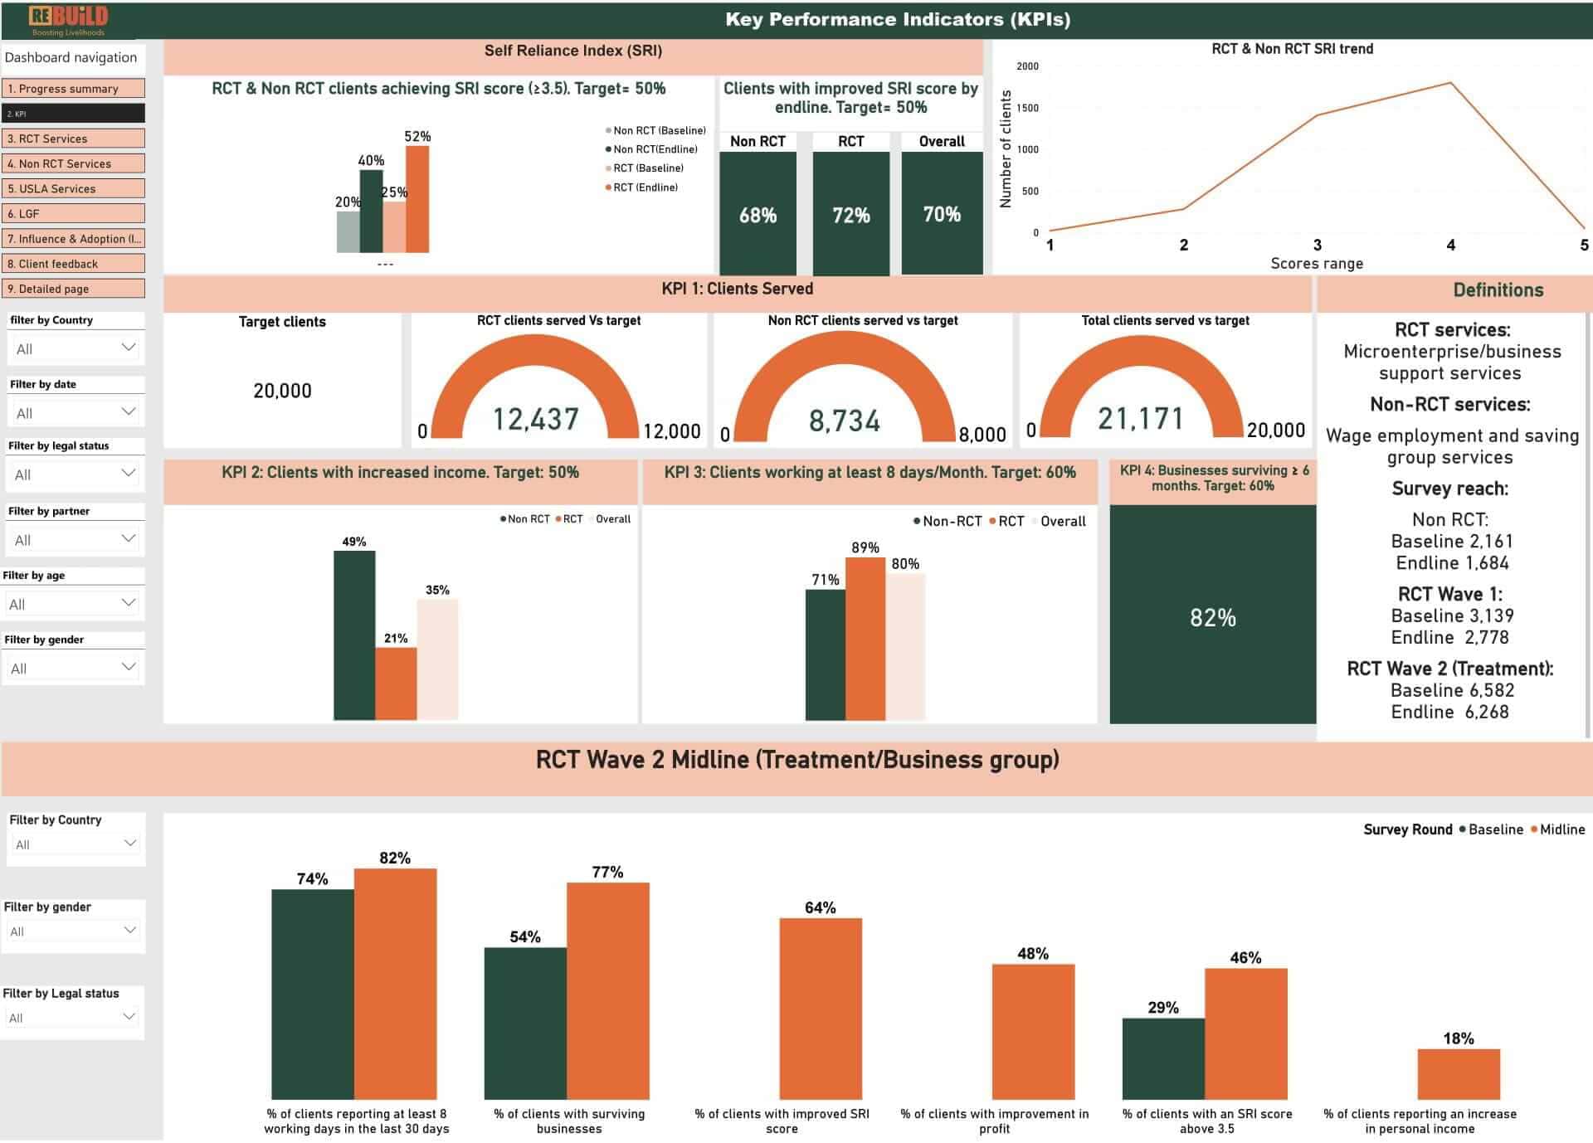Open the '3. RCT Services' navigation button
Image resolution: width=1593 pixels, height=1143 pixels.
(x=74, y=139)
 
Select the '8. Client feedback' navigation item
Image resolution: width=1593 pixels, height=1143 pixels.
(x=74, y=264)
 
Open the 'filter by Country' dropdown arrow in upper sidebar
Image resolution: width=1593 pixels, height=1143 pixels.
(x=129, y=348)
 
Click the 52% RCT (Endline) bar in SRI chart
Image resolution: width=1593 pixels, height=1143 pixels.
(x=417, y=199)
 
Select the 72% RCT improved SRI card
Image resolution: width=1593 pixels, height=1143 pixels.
(x=850, y=214)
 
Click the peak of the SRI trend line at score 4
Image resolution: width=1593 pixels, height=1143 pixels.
(x=1450, y=83)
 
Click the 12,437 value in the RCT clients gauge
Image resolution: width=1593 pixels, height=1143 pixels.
(x=536, y=419)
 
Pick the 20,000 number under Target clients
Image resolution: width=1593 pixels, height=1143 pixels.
(x=282, y=391)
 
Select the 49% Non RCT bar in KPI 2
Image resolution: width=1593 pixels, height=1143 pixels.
(x=354, y=635)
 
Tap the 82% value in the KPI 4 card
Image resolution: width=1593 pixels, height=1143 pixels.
(x=1212, y=617)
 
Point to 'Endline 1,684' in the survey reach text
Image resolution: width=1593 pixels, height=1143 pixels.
(x=1451, y=563)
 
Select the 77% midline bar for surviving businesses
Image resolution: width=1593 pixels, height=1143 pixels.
(x=607, y=990)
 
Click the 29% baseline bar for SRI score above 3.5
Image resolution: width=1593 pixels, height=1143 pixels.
(x=1162, y=1058)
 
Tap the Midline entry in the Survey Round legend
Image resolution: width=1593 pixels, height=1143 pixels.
(x=1561, y=829)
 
